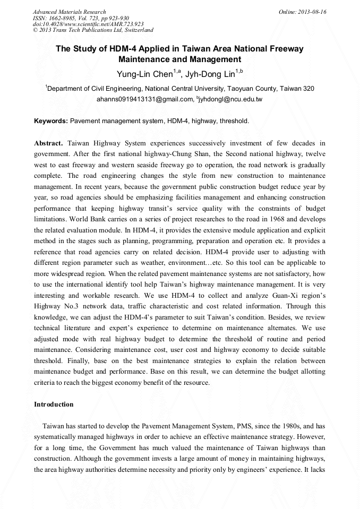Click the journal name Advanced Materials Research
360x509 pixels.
coord(69,12)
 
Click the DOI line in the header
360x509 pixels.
coord(88,24)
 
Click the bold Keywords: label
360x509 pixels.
coord(51,121)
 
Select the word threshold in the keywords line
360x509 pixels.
coord(234,121)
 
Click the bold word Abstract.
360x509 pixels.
coord(48,143)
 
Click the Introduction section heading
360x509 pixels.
coord(54,404)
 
